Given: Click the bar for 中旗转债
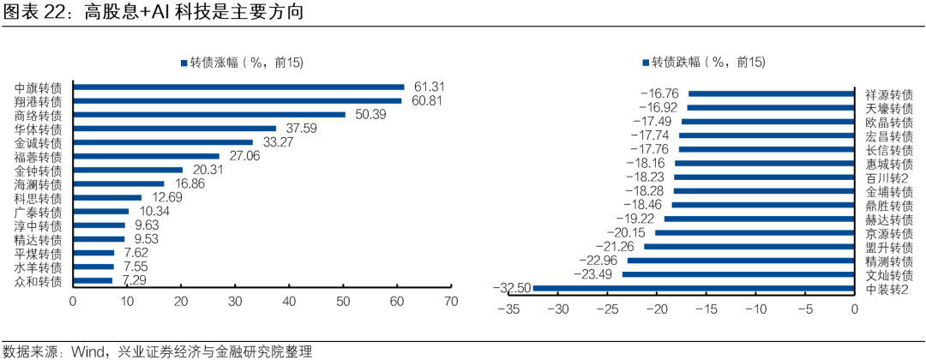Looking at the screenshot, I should click(238, 87).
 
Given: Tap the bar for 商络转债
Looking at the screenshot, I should click(209, 114).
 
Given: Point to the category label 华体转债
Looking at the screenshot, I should click(39, 129).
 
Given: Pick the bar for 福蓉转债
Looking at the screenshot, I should click(147, 156).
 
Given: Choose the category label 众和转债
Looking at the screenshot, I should click(39, 281).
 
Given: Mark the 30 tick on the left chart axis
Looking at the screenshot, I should click(235, 302).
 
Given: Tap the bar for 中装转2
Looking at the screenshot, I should click(694, 288).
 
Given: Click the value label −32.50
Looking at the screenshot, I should click(511, 288).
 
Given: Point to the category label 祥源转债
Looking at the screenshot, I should click(889, 94).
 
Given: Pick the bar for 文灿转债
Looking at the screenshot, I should click(738, 274).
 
